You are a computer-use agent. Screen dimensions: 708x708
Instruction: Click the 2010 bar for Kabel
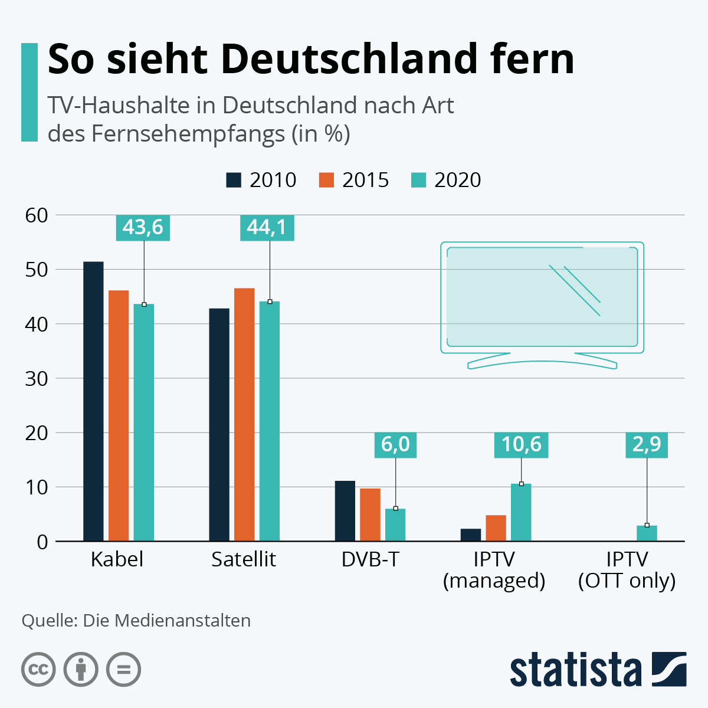click(x=93, y=401)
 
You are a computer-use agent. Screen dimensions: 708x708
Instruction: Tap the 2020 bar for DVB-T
click(x=395, y=525)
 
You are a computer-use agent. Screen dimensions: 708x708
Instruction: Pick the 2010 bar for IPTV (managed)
click(x=471, y=535)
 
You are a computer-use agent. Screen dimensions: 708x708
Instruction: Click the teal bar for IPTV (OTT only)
click(x=647, y=533)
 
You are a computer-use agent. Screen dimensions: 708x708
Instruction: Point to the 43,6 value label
click(x=143, y=228)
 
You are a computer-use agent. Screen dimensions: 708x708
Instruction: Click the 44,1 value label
click(x=267, y=228)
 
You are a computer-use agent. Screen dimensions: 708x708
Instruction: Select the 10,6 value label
click(x=521, y=445)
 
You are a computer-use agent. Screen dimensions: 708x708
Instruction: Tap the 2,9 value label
click(x=647, y=445)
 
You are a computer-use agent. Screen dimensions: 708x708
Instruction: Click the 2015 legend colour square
click(x=326, y=180)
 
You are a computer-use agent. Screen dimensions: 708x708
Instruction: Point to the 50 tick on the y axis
click(x=37, y=270)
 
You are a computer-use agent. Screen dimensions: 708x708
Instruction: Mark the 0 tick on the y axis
click(x=42, y=542)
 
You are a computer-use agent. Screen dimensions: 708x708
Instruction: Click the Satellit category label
click(x=244, y=559)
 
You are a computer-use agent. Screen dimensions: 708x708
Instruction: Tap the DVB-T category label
click(x=371, y=559)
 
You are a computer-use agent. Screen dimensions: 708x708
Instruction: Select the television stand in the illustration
click(x=542, y=361)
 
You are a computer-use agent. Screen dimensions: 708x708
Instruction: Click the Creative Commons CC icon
click(x=38, y=670)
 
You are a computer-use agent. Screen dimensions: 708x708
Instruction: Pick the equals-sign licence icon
click(x=124, y=670)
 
